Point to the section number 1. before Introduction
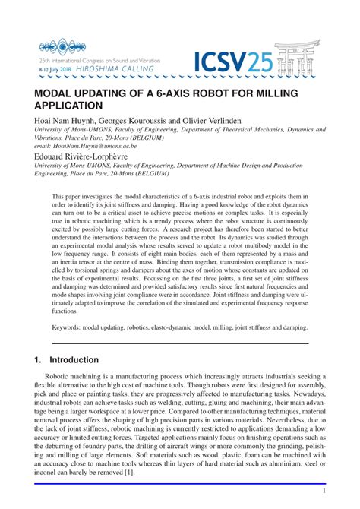(x=36, y=359)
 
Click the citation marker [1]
(x=130, y=471)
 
